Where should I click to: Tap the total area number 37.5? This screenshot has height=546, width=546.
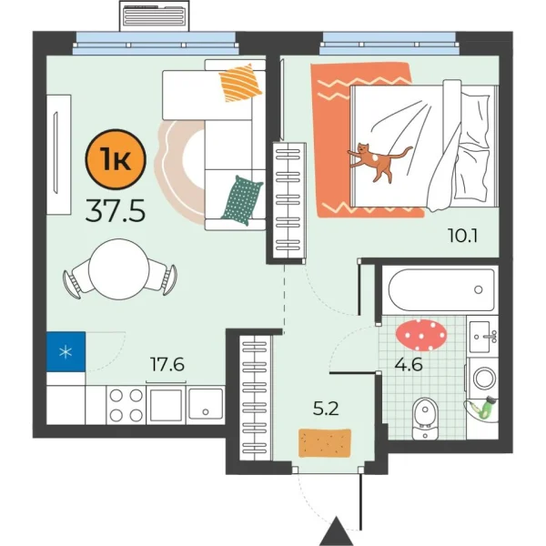pyautogui.click(x=115, y=212)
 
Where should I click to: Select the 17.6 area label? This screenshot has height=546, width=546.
pyautogui.click(x=167, y=365)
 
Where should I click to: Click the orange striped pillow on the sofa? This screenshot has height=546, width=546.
pyautogui.click(x=241, y=84)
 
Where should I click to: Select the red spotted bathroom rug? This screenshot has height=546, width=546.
pyautogui.click(x=420, y=334)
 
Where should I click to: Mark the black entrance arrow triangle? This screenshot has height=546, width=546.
pyautogui.click(x=338, y=530)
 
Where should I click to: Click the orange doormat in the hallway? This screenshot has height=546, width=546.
pyautogui.click(x=325, y=442)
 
